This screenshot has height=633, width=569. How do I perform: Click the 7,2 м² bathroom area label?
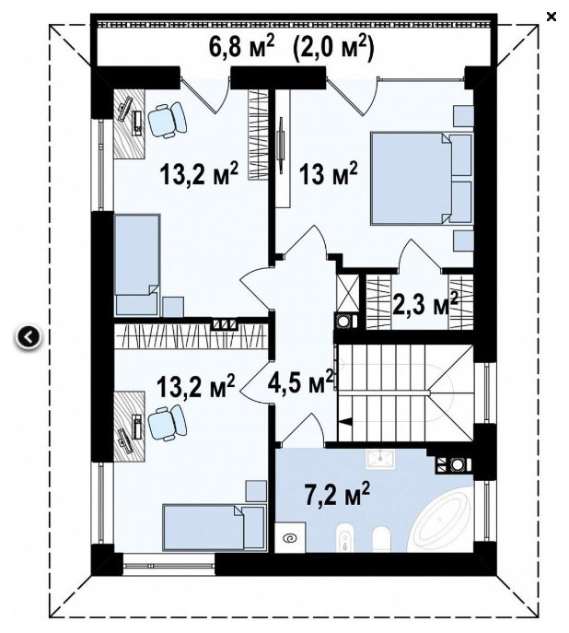click(336, 495)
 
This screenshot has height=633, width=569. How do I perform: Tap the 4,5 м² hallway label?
click(300, 381)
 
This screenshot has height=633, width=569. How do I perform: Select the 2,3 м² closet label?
click(424, 304)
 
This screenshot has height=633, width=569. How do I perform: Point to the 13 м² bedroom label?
click(328, 174)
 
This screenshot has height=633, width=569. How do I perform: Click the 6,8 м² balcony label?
click(241, 46)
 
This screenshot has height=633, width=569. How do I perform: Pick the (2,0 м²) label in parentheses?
click(331, 47)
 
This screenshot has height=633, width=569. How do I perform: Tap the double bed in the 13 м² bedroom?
click(422, 179)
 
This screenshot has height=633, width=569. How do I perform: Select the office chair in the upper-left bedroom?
click(168, 120)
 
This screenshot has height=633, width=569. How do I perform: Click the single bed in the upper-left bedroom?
click(137, 264)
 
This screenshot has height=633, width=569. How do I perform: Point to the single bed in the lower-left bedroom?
click(215, 527)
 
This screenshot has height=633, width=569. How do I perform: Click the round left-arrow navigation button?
click(29, 336)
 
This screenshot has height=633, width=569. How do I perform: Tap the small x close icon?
click(552, 17)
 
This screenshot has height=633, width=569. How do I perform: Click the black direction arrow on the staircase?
click(345, 421)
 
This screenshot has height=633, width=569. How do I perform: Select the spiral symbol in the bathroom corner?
click(291, 537)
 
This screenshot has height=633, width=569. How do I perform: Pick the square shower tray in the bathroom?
click(380, 459)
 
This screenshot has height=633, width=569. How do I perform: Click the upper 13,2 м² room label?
click(199, 174)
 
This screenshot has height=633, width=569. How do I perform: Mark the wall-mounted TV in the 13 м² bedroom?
click(282, 146)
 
